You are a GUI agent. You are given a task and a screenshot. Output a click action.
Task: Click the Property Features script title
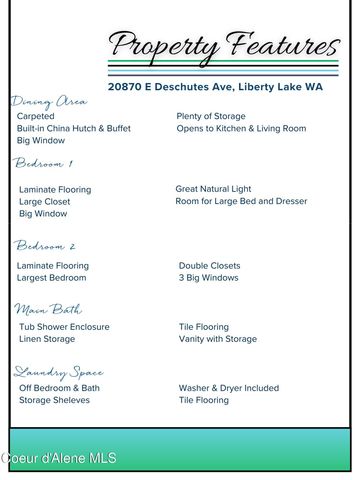tap(224, 46)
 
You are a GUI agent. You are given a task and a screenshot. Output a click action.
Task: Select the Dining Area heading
tap(49, 102)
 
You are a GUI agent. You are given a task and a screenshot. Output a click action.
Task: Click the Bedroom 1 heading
tap(43, 163)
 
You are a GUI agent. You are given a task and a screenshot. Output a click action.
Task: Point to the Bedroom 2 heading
tap(45, 246)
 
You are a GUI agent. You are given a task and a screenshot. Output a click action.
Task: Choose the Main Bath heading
tap(48, 310)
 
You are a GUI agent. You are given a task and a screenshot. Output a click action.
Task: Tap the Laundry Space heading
tap(58, 372)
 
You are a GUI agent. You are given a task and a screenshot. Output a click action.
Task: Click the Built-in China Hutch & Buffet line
tap(74, 129)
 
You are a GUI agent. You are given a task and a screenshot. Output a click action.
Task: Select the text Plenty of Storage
tap(211, 117)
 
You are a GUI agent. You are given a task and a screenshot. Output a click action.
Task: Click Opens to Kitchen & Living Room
tap(241, 129)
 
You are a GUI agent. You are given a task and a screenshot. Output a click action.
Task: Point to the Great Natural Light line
tap(213, 189)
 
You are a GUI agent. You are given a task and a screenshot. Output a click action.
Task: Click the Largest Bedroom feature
tap(52, 278)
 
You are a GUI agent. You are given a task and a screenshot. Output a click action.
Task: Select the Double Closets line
tap(209, 266)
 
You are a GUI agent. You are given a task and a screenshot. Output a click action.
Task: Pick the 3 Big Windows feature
tap(209, 278)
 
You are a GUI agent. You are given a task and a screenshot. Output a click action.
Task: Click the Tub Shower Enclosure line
tap(64, 327)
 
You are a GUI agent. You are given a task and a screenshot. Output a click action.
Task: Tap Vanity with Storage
tap(218, 339)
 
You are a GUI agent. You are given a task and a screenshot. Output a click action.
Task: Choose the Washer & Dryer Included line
tap(229, 388)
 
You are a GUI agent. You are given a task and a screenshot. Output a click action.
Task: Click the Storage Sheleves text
tap(54, 400)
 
